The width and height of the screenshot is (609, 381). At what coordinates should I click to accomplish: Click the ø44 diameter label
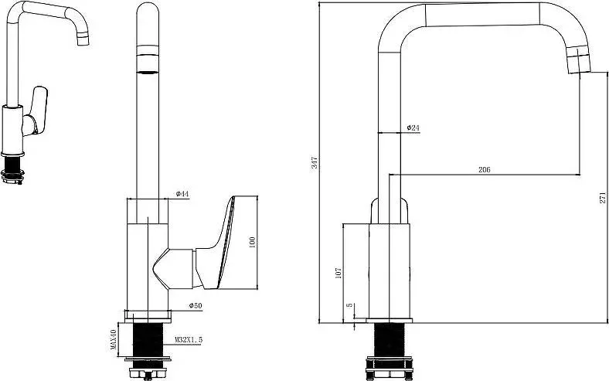[182, 193]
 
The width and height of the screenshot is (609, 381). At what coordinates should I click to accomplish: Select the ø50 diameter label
[196, 306]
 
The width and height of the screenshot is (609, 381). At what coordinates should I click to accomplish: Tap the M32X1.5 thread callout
[189, 340]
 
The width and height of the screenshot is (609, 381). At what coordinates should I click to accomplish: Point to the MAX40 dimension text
[114, 339]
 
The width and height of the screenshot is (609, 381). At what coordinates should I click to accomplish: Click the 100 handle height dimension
[252, 243]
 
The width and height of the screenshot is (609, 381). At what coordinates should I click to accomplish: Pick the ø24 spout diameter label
[413, 128]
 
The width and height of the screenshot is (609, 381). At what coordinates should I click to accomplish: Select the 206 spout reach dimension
[485, 170]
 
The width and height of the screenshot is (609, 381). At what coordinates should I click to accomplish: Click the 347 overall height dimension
[315, 162]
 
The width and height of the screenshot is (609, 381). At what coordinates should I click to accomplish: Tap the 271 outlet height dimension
[602, 197]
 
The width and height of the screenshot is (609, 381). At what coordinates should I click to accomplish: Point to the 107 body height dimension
[339, 273]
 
